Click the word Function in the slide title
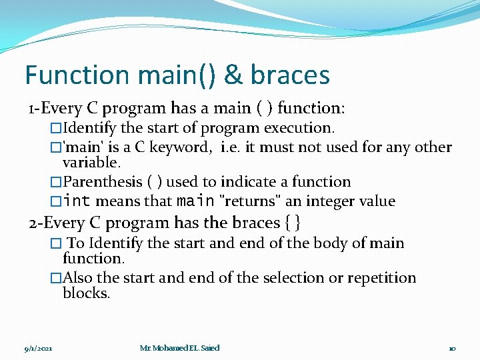pos(75,75)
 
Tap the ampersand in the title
pos(233,75)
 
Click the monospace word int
pos(77,201)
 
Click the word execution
pos(299,127)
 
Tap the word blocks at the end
pos(86,293)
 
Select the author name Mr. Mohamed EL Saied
pos(179,348)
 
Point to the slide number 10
pos(452,348)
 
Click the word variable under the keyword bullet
pos(91,163)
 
